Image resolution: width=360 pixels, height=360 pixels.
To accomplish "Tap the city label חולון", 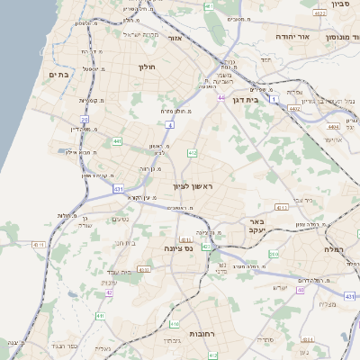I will [x=148, y=67].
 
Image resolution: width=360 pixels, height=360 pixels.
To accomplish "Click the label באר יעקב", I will [x=256, y=225].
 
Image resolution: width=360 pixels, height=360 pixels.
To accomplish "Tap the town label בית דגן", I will [x=245, y=100].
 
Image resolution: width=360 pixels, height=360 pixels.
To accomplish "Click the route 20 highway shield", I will [x=85, y=118].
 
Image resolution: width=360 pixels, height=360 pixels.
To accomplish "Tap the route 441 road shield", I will [x=118, y=141].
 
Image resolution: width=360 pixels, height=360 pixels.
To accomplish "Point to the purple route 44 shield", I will [x=220, y=97].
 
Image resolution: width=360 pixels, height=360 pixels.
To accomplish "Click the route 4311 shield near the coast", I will [x=38, y=244].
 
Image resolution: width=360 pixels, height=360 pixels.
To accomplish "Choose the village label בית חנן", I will [x=125, y=242].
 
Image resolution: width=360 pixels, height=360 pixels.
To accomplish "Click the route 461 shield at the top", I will [x=209, y=6].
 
